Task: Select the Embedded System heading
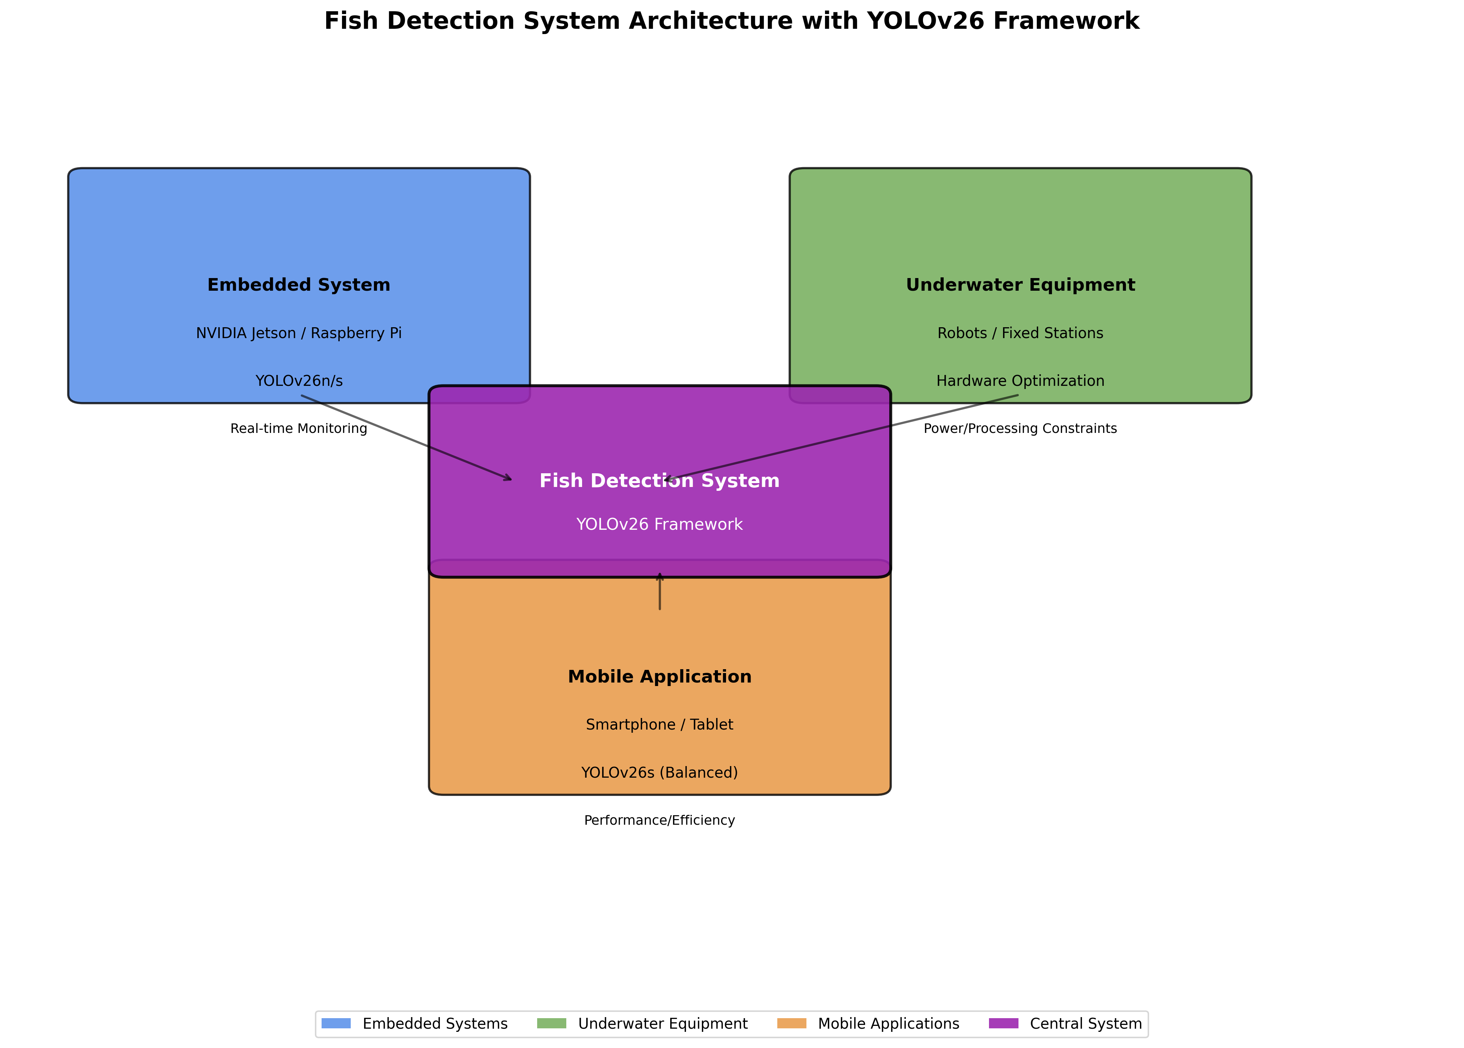299,285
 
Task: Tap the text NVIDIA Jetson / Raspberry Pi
299,333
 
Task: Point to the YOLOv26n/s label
299,381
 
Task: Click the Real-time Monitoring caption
299,428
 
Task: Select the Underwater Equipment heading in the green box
1020,285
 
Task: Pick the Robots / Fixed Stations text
1020,333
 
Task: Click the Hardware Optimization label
1020,381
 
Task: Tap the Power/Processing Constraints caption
1020,428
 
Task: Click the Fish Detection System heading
659,481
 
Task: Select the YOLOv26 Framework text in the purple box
659,524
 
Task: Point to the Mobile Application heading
659,676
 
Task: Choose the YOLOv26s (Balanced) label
659,772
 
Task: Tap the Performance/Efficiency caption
659,820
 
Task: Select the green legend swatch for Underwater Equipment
552,1023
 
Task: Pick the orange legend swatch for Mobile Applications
792,1023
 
